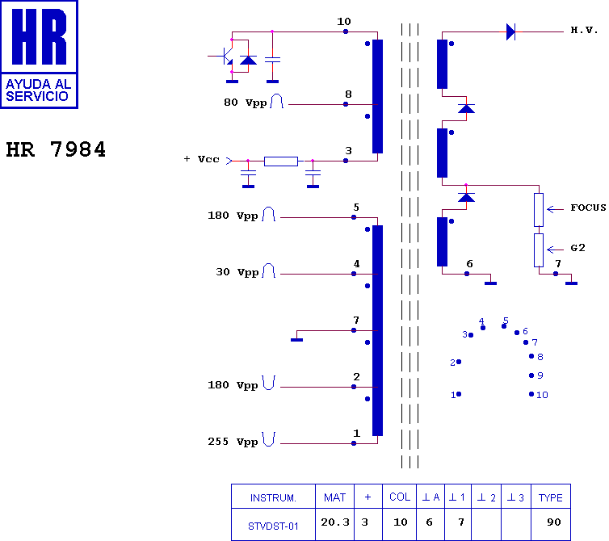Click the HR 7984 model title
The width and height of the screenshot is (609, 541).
coord(56,149)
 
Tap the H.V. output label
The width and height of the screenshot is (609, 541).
coord(584,30)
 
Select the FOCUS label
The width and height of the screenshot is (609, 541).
coord(588,208)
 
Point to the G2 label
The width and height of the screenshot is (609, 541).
coord(577,248)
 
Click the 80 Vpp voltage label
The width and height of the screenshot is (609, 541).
coord(245,103)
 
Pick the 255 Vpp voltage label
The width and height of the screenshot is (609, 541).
coord(233,442)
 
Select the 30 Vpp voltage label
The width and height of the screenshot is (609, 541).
coord(237,272)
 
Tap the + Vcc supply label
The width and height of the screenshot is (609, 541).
coord(201,159)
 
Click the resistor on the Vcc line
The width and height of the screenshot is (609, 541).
coord(281,161)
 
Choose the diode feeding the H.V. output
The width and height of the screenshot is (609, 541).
coord(510,31)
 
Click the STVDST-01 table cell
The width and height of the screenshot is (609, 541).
coord(273,526)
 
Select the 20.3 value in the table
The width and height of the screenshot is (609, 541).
coord(335,522)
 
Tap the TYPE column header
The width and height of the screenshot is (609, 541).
coord(550,497)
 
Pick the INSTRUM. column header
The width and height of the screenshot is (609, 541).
coord(273,498)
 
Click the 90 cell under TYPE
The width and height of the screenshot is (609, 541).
coord(554,522)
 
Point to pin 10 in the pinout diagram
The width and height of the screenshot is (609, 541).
coord(531,394)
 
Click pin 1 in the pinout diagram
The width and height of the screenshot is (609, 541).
coord(459,394)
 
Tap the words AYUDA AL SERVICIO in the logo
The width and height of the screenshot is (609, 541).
coord(38,90)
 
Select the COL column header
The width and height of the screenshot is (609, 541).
coord(400,497)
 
